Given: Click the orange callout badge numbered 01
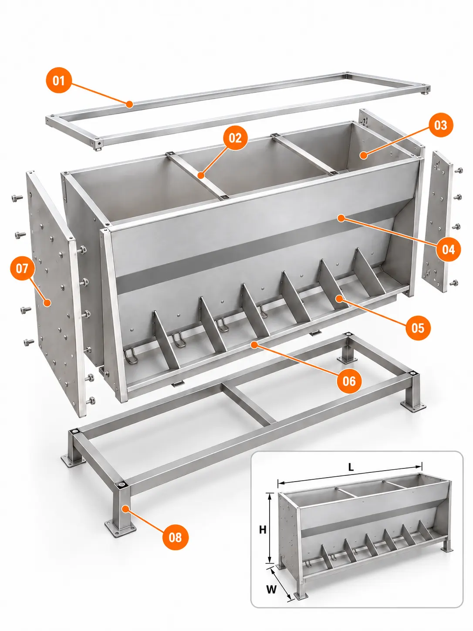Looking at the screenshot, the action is [58, 81].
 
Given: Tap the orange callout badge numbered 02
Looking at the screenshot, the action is [235, 138].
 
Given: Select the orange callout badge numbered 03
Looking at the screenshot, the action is [440, 125].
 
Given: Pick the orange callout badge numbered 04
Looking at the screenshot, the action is [448, 249].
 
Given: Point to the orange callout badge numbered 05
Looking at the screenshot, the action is [418, 327].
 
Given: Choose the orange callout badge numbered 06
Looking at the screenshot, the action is [349, 381].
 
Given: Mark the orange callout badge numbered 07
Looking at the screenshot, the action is [22, 269].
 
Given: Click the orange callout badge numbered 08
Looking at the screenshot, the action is [175, 537].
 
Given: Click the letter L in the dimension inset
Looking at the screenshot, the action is [351, 468].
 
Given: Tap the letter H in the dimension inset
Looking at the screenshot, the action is [263, 529].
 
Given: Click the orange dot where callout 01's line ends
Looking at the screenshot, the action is [130, 104].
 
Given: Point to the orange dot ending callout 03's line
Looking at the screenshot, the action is [364, 156].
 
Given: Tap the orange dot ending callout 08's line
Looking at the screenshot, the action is [125, 509].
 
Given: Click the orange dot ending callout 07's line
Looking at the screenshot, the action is [47, 303].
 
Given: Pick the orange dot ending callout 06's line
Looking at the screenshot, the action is [253, 345].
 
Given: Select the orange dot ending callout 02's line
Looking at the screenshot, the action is [201, 175].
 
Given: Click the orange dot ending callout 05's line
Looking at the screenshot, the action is [340, 299].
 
